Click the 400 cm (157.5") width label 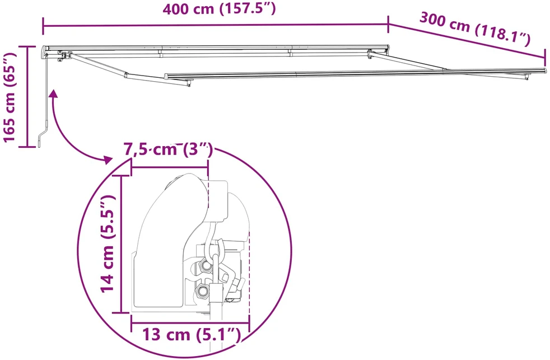coord(219,8)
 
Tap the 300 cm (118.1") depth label coord(475,29)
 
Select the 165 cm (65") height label coord(10,97)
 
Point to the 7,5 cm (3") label coord(168,149)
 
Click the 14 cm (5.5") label coord(108,244)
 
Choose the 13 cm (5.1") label coord(191,335)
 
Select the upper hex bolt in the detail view coord(206,266)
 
